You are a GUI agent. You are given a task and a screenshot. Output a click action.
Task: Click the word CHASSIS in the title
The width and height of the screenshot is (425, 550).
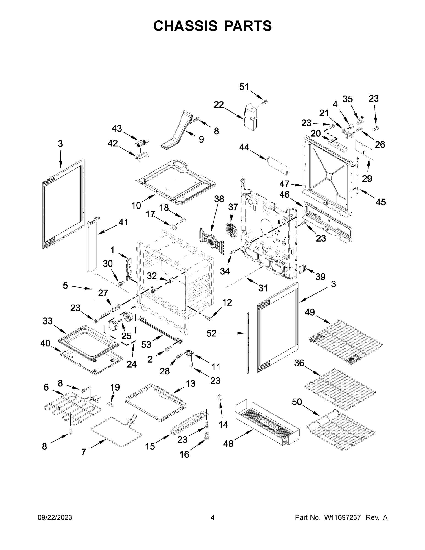tap(185, 26)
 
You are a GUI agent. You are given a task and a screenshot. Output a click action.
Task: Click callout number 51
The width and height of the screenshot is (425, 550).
tap(244, 87)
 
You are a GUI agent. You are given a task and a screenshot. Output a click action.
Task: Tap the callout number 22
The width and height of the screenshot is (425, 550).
tap(219, 104)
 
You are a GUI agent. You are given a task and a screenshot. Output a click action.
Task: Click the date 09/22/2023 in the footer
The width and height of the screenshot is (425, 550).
tap(55, 517)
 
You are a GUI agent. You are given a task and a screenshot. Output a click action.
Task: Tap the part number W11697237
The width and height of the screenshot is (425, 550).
tap(343, 517)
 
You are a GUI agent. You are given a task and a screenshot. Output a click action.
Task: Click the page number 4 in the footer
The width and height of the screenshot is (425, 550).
tap(213, 517)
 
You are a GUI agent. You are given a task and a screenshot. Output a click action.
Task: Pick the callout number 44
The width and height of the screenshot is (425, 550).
tap(244, 147)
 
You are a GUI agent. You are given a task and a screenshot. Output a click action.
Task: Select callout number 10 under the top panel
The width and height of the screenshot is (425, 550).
tap(136, 206)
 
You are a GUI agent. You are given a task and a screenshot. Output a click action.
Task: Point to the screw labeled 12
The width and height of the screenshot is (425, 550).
tap(209, 318)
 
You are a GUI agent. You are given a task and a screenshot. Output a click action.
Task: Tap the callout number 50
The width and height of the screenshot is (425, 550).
tap(297, 402)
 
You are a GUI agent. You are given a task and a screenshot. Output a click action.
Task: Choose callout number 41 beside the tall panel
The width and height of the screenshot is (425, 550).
tap(123, 222)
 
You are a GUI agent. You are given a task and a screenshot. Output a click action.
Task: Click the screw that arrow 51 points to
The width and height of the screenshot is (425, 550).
tap(265, 102)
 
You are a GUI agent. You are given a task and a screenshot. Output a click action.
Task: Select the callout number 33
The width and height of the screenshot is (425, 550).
tap(48, 321)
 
